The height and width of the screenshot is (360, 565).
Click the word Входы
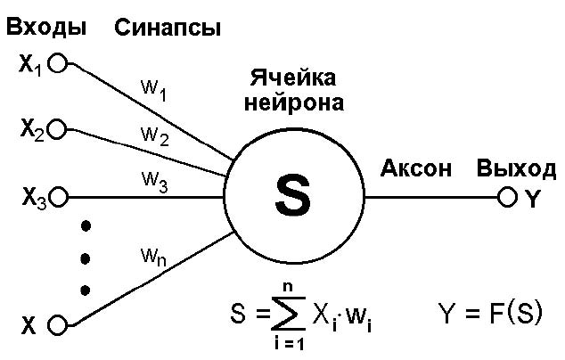(46, 28)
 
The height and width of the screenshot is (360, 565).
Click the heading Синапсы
(168, 29)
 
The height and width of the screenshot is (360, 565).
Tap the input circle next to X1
(58, 64)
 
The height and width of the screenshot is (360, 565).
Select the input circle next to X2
(57, 129)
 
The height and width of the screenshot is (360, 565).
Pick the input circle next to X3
(58, 197)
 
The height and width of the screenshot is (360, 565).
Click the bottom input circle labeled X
(58, 325)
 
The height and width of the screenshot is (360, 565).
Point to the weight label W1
(153, 90)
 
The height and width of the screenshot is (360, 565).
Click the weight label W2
(155, 136)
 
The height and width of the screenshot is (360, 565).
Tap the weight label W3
(154, 182)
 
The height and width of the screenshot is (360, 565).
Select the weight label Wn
(154, 258)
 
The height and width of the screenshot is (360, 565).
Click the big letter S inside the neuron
(293, 197)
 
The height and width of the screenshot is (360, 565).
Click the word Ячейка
(293, 78)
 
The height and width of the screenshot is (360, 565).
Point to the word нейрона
(294, 102)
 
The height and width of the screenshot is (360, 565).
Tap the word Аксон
(416, 168)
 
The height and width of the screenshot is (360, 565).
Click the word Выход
(516, 168)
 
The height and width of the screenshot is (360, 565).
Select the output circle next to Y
(507, 197)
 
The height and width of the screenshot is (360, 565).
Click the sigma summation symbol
(289, 314)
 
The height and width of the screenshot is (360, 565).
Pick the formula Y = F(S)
(490, 313)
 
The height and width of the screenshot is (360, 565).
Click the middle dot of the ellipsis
(86, 258)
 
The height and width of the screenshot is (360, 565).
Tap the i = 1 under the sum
(289, 344)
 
